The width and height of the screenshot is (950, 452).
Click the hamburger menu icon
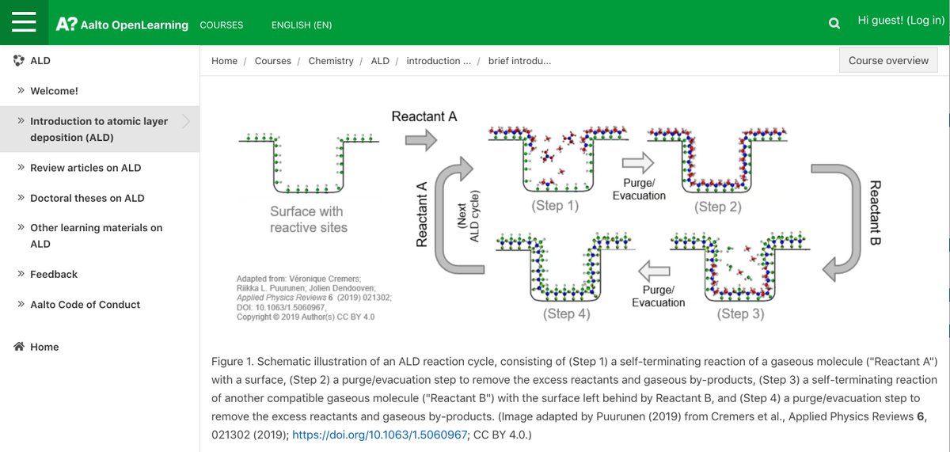point(24,22)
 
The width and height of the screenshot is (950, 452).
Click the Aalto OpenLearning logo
point(122,25)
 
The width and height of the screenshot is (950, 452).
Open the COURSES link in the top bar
point(222,25)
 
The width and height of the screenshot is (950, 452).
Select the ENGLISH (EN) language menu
point(302,25)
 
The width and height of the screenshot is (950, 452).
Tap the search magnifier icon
point(834,24)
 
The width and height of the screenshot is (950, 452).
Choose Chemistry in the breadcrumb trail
point(331,61)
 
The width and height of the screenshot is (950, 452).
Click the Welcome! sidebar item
point(54,91)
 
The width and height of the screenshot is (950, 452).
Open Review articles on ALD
point(85,168)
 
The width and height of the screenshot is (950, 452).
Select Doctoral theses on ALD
point(87,198)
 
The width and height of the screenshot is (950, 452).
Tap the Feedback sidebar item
point(54,274)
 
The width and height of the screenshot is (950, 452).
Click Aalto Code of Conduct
point(85,305)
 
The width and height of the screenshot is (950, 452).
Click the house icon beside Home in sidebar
point(19,347)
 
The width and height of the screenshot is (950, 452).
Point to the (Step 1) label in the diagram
point(555,207)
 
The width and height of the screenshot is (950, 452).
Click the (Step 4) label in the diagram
point(566,313)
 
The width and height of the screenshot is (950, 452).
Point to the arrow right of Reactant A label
point(421,140)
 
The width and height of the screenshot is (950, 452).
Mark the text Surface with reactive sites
point(309,219)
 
